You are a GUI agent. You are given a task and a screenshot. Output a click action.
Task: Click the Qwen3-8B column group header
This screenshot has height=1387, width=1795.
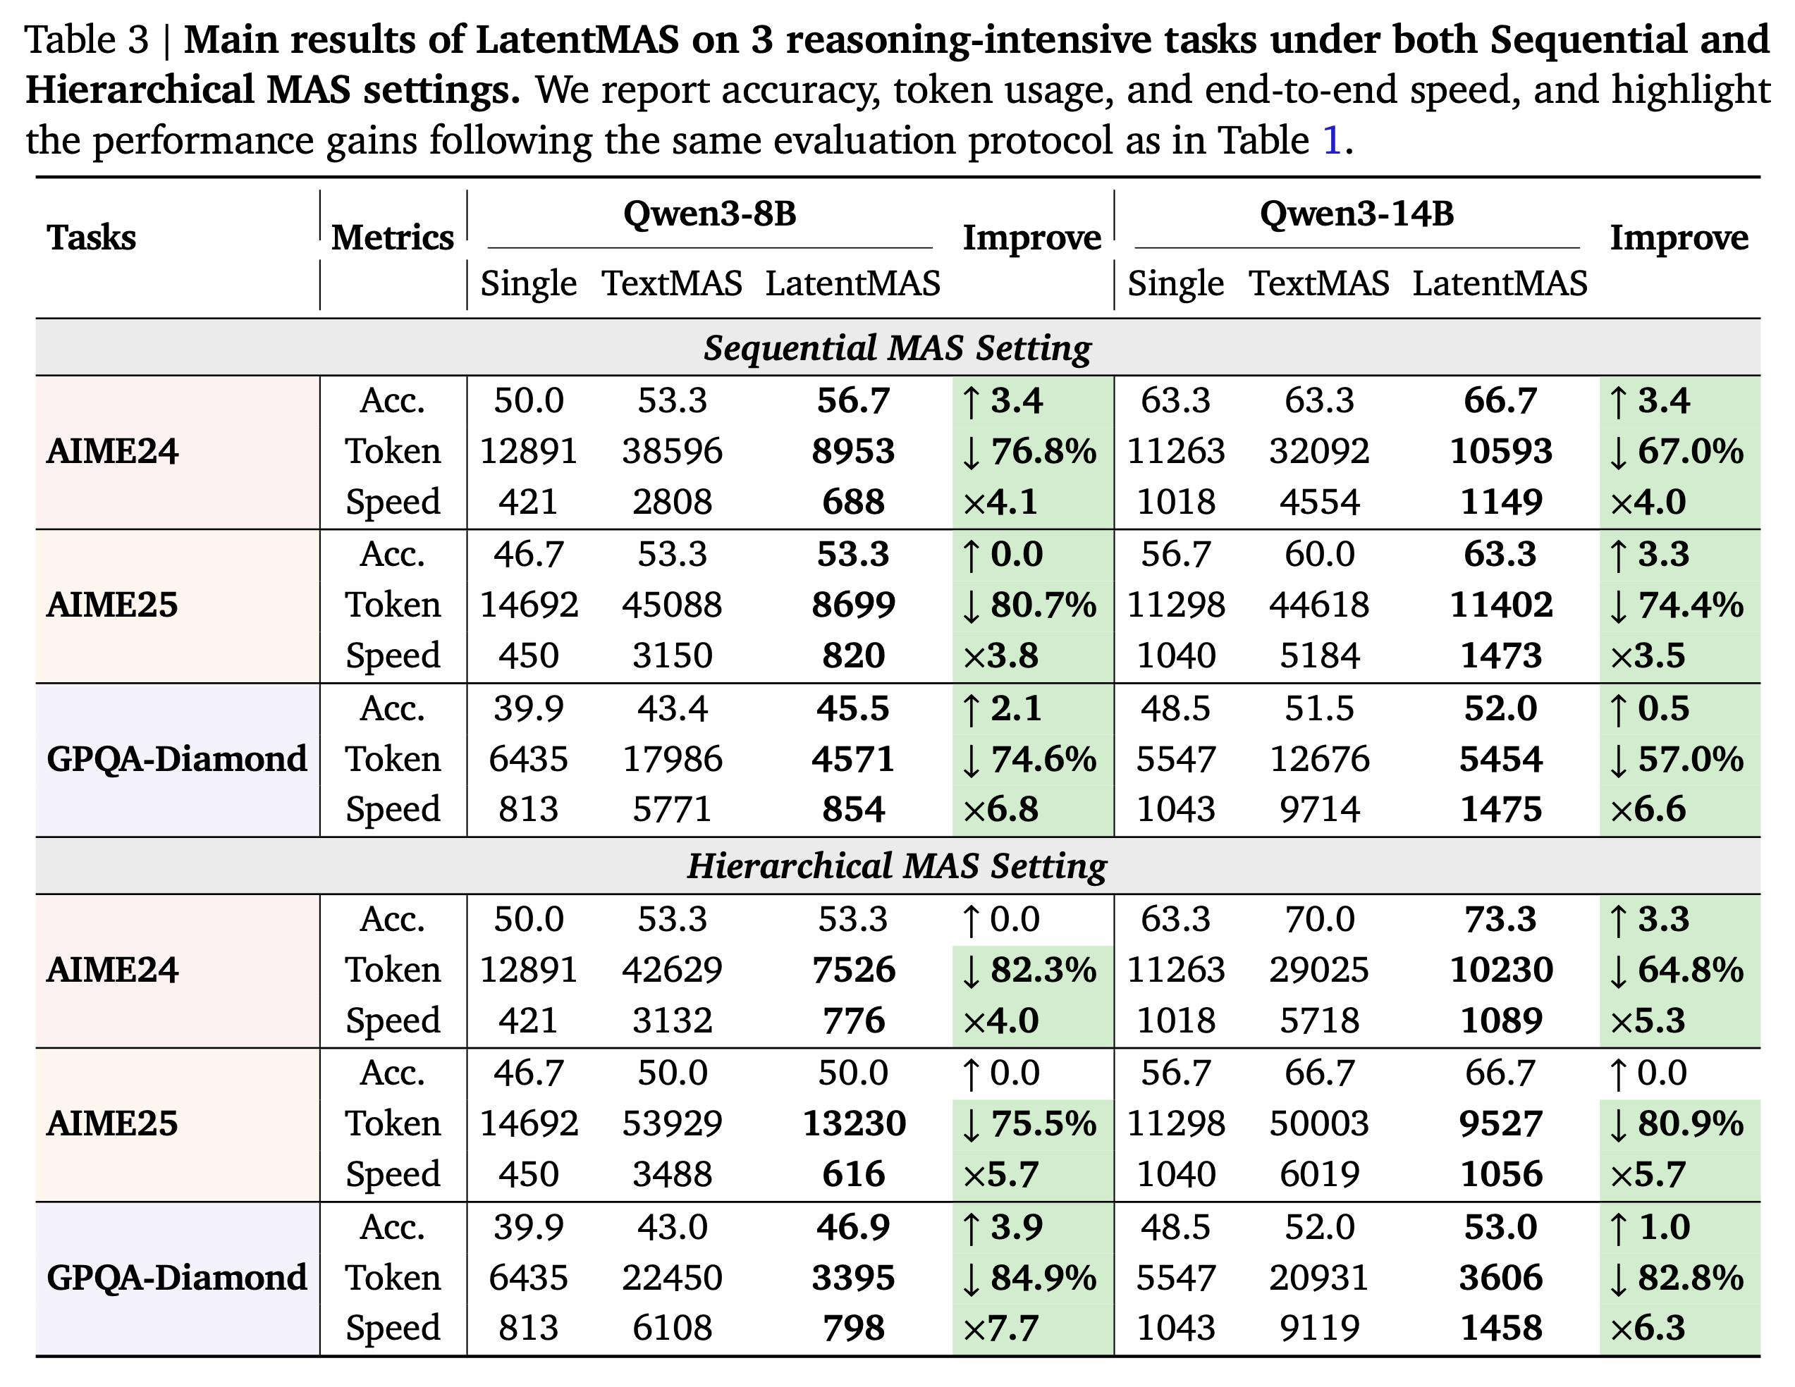709,214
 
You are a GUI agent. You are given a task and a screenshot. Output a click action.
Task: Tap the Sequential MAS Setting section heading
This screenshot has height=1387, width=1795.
897,347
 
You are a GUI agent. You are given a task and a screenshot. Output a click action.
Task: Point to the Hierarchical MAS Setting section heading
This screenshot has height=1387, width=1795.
897,866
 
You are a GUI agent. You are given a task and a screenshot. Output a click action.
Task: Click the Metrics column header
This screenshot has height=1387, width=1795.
392,238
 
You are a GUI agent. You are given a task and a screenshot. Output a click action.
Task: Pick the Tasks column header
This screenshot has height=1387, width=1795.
91,238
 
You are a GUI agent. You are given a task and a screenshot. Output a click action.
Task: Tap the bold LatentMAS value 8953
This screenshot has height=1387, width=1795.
852,451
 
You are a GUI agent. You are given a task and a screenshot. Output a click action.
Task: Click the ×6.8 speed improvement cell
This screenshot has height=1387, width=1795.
1000,809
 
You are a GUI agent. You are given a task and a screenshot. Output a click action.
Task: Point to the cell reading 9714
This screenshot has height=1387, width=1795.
1319,809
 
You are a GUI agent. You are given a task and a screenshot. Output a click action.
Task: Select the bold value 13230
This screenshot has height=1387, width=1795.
853,1123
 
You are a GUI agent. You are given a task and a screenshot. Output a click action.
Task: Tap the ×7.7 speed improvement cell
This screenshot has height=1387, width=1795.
1000,1328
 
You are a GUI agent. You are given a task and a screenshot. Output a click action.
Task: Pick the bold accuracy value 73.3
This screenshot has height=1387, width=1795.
1500,920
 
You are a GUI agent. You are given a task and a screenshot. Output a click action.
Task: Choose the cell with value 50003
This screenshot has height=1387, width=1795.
1319,1123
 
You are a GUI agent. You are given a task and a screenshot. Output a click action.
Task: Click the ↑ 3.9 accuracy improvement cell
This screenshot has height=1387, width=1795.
1003,1228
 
